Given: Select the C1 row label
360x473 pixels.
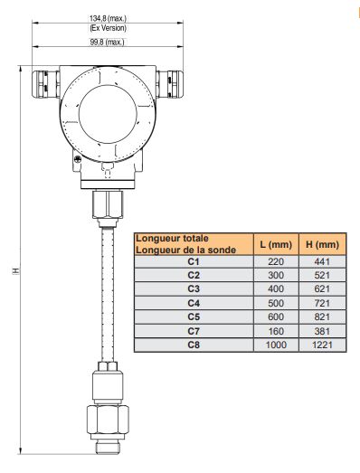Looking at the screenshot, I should tap(193, 260).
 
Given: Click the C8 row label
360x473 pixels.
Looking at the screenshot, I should tap(193, 345).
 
